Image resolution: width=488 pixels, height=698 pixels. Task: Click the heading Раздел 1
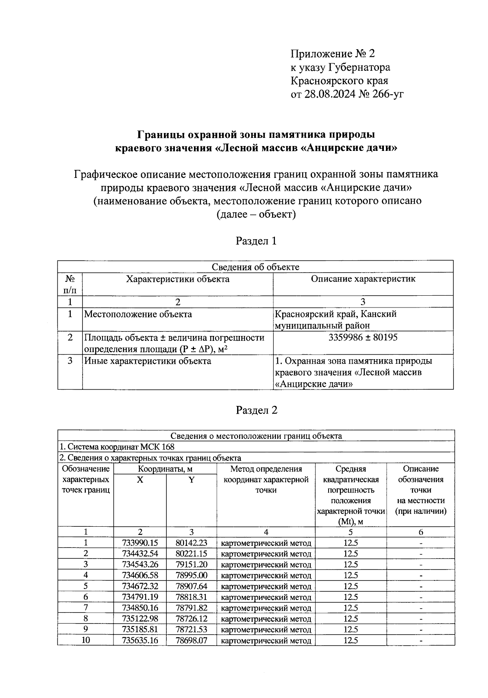[x=256, y=241]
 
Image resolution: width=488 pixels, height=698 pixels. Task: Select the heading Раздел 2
[x=256, y=410]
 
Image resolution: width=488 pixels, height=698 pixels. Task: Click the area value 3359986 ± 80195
[x=363, y=338]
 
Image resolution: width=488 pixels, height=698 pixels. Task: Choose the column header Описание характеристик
[x=363, y=279]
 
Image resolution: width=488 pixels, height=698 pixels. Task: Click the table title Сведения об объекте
[x=255, y=267]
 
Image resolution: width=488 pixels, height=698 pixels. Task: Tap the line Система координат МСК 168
[x=117, y=447]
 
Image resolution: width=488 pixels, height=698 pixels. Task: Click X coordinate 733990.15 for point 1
[x=140, y=543]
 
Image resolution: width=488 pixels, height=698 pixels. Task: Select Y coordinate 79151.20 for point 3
[x=191, y=565]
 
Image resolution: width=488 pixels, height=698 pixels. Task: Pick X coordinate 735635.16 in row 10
[x=140, y=641]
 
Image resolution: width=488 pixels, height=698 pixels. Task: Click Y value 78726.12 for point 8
[x=191, y=619]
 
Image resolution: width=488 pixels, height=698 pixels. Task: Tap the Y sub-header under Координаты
[x=191, y=480]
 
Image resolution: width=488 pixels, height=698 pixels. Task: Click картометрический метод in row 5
[x=266, y=587]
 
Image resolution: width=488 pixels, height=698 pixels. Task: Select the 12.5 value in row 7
[x=351, y=608]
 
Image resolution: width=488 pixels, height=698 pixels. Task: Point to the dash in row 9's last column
[x=421, y=630]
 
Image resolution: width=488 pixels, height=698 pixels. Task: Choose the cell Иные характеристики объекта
[x=147, y=361]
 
